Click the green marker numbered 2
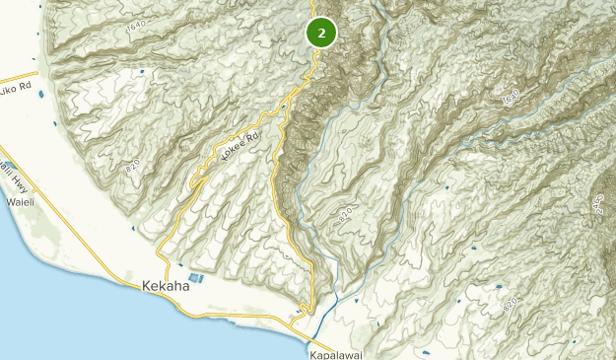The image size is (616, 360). click(x=321, y=33)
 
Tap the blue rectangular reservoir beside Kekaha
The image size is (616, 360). click(x=195, y=278)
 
